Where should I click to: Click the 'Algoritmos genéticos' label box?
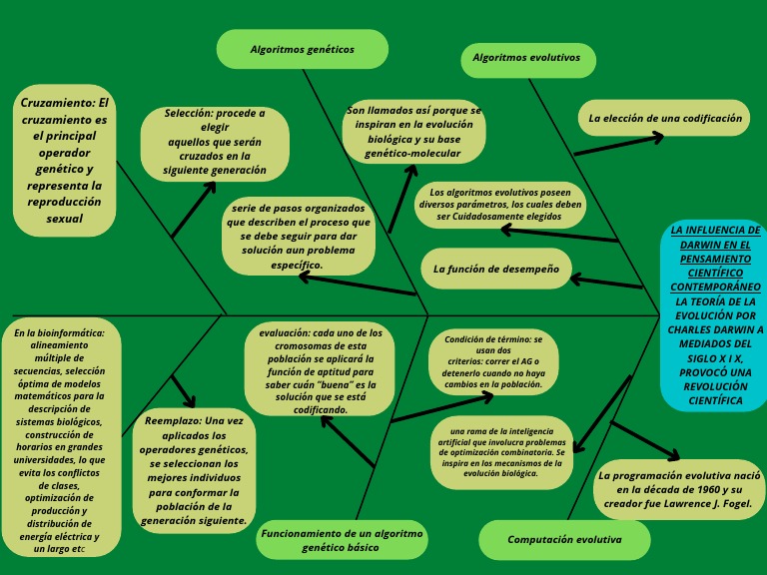(302, 49)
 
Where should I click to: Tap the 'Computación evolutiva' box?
(564, 540)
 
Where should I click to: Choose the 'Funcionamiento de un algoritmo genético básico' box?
(342, 540)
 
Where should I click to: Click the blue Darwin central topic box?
(713, 314)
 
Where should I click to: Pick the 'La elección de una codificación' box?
(664, 118)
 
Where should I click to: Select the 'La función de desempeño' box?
(494, 269)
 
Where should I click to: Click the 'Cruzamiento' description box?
(65, 160)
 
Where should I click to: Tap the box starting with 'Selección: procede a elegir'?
(215, 143)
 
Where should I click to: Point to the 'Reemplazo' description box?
(194, 470)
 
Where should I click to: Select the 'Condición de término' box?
(493, 361)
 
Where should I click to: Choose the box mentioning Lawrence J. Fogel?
(679, 489)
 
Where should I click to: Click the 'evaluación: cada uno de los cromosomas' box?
(320, 370)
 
